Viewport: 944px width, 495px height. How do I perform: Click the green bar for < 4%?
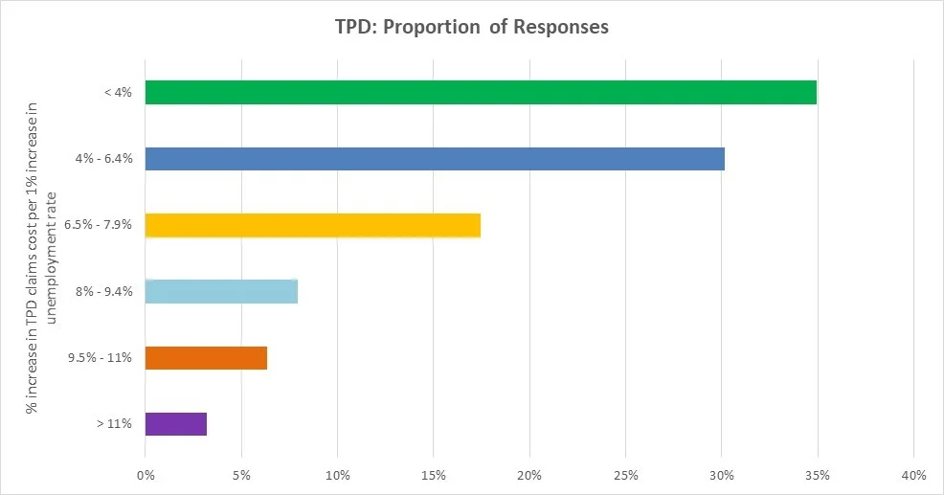click(x=481, y=92)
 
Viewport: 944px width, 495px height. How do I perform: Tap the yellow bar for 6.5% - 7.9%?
click(x=312, y=225)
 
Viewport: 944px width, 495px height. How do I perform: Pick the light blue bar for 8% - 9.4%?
click(x=221, y=291)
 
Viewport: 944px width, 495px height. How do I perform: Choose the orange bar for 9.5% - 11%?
click(x=206, y=358)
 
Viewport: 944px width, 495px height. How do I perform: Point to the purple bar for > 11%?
click(x=175, y=423)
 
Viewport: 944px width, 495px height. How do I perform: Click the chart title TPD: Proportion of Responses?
click(x=471, y=27)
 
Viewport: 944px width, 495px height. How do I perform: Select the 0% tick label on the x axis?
click(x=146, y=475)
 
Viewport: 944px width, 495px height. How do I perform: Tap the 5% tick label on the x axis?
click(x=241, y=475)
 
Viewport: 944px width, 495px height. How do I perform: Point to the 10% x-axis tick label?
click(x=337, y=475)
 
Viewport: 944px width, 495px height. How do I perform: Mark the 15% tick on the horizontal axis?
click(x=433, y=475)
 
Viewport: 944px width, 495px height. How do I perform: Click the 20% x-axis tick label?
click(x=529, y=475)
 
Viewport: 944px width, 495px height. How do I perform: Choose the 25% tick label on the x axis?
click(x=625, y=475)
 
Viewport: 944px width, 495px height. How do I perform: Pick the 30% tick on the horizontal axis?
click(x=721, y=475)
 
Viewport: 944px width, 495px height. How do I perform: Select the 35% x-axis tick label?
click(x=818, y=475)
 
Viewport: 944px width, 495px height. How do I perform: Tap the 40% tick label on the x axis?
click(x=913, y=475)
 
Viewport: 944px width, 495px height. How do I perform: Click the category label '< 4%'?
click(x=117, y=93)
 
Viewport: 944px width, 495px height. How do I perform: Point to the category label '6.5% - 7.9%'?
click(x=98, y=226)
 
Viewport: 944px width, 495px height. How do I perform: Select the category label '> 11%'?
click(x=114, y=424)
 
